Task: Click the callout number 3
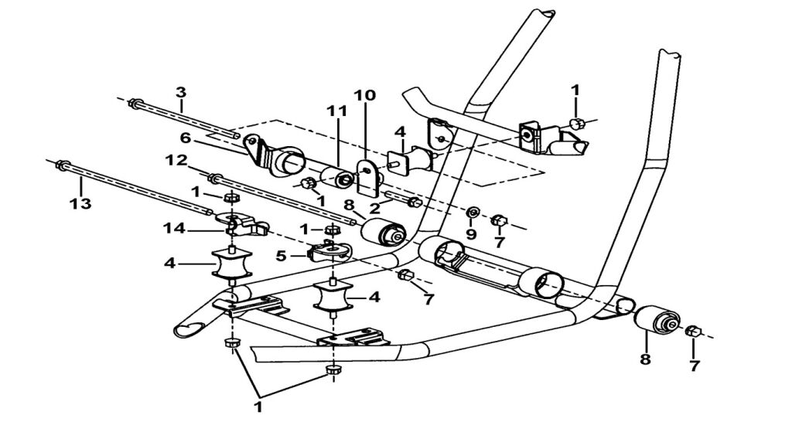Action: coord(180,92)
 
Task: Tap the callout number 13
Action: coord(80,204)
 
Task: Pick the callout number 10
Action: coord(365,96)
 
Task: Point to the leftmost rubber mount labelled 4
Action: coord(230,265)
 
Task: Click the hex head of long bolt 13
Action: coord(61,164)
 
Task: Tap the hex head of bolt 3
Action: coord(136,104)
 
